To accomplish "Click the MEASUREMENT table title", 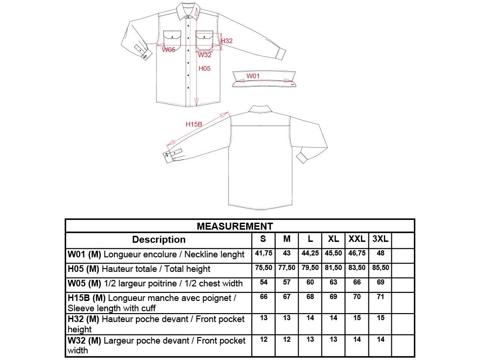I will click(x=235, y=226).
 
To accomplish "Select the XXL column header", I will click(x=357, y=239).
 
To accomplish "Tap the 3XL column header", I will click(x=380, y=239).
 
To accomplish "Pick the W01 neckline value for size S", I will click(x=263, y=253).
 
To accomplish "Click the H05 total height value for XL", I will click(x=333, y=268).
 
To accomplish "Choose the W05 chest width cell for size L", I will click(x=310, y=282).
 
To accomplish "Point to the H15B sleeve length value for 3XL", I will click(x=380, y=297).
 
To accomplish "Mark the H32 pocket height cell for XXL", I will click(x=357, y=318).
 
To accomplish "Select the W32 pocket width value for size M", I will click(x=287, y=339).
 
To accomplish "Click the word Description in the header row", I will click(x=159, y=240).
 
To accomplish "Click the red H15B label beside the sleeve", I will click(x=194, y=124).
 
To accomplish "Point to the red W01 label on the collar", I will click(x=253, y=76).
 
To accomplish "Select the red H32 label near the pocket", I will click(x=226, y=41).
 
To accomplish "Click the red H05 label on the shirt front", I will click(x=204, y=68).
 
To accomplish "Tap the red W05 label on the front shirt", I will click(x=169, y=50).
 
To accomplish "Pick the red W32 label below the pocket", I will click(x=204, y=55).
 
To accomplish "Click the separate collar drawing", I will click(x=265, y=79).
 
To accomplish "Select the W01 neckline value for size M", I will click(x=287, y=253).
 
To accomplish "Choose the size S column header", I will click(x=263, y=239).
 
